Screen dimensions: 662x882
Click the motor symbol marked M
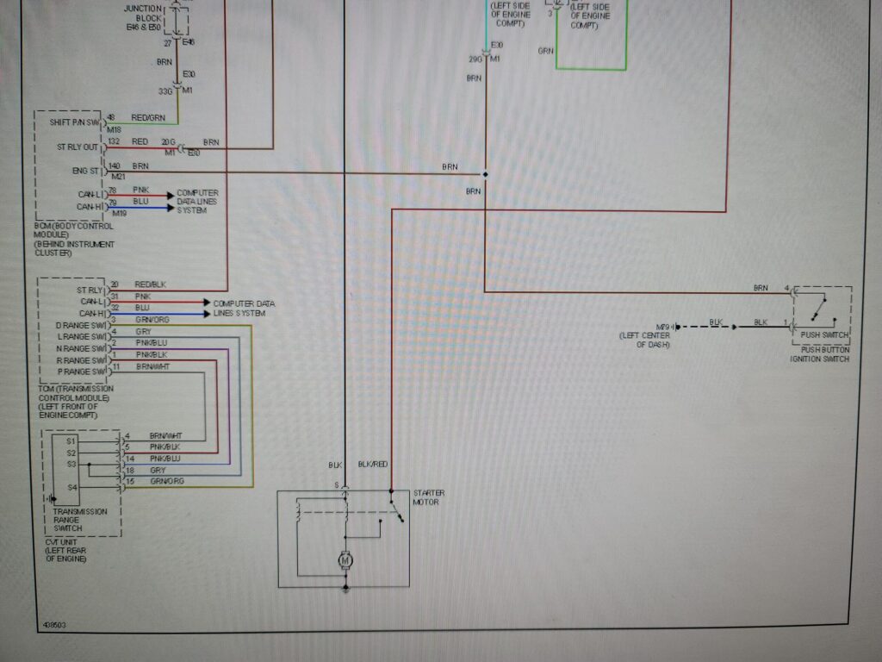coord(345,562)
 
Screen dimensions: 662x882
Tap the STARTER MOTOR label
coord(429,496)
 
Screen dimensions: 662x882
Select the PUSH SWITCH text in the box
coord(824,334)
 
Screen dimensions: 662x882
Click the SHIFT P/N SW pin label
coord(76,123)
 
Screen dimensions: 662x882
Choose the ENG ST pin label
coord(86,171)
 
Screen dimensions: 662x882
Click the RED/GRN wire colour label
coord(149,117)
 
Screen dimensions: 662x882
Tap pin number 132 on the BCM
coord(113,141)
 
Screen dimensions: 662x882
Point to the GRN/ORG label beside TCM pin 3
coord(152,320)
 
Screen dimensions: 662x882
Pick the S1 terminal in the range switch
coord(71,440)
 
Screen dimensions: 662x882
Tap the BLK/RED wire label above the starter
coord(373,465)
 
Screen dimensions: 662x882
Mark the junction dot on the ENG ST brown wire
coord(485,174)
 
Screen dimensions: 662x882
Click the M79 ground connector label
coord(663,327)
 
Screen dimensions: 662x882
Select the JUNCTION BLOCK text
coord(142,14)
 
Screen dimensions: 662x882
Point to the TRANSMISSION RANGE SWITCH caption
coord(80,516)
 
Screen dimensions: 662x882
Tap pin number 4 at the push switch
coord(786,287)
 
